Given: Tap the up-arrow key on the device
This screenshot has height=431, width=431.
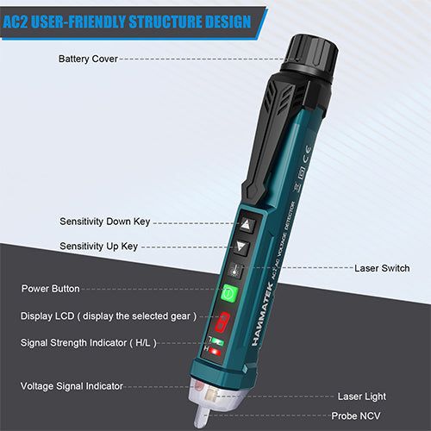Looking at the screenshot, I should (247, 223).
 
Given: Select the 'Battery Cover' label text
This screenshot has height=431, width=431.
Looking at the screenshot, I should (87, 59).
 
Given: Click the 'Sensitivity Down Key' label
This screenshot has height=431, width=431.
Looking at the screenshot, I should (104, 222).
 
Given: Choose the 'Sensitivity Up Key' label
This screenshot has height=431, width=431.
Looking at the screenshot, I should (98, 247).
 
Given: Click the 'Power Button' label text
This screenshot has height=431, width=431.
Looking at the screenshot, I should (50, 289).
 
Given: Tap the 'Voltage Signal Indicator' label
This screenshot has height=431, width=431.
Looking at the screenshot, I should (72, 385).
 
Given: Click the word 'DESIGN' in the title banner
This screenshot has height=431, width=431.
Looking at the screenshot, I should (222, 22).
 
